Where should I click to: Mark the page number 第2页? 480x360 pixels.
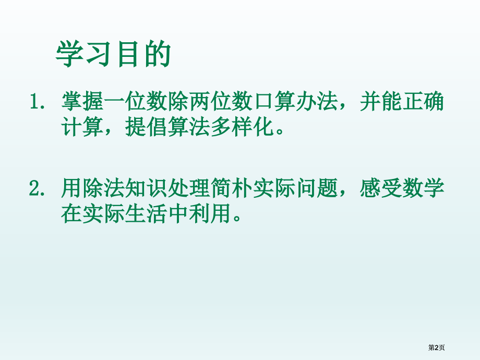click(436, 347)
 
